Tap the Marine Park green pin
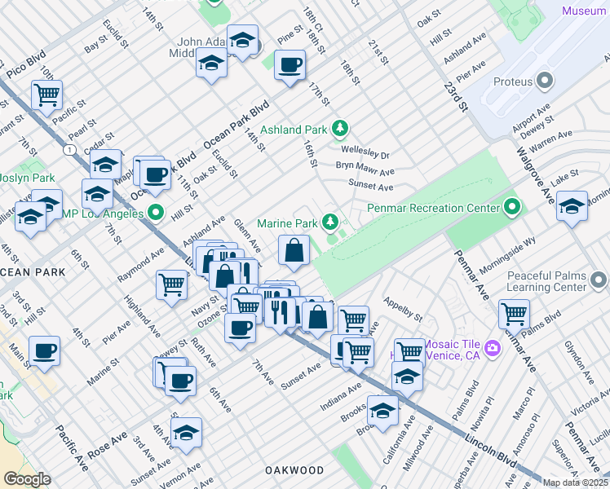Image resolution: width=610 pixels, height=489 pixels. (x=330, y=222)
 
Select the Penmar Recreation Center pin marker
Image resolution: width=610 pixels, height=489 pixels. (x=512, y=207)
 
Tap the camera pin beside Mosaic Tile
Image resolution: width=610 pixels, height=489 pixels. (x=492, y=348)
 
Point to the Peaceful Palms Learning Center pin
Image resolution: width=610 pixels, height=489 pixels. (x=599, y=282)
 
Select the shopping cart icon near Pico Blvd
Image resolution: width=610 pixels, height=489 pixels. (x=46, y=94)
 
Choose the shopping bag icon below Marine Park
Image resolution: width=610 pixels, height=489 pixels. (x=294, y=250)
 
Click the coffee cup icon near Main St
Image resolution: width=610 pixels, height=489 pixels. (x=44, y=350)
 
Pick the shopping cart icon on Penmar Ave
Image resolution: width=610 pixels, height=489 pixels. (x=514, y=313)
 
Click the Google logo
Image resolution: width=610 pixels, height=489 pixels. (x=27, y=479)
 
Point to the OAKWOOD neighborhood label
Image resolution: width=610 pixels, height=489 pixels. (x=294, y=470)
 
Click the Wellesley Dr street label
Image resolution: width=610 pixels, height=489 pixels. (x=365, y=154)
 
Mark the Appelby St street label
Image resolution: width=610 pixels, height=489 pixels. (x=404, y=307)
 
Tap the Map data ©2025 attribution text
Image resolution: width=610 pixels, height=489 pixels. (x=575, y=482)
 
